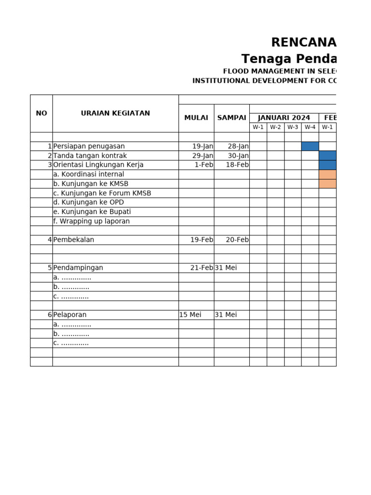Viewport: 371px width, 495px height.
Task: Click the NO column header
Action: (x=42, y=113)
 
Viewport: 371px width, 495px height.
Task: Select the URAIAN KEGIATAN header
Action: (x=115, y=113)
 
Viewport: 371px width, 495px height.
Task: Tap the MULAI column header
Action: (x=196, y=118)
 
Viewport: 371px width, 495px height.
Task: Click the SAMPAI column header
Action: (x=232, y=118)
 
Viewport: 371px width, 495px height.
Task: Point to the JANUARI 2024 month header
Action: (x=284, y=118)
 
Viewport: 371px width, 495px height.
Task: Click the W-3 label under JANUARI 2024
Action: (x=293, y=127)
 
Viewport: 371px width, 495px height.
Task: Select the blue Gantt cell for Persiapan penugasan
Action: (x=310, y=146)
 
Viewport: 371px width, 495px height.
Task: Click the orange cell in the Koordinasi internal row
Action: (x=328, y=174)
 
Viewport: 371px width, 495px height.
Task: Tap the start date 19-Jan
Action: (x=202, y=146)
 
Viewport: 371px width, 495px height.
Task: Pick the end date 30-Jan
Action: (x=238, y=156)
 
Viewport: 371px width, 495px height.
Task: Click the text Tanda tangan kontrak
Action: (x=90, y=156)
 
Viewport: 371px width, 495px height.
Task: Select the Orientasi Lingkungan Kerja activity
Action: (x=98, y=165)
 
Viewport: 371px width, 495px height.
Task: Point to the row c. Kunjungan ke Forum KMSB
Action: (x=102, y=193)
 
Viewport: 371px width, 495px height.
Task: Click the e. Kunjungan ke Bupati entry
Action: (x=92, y=212)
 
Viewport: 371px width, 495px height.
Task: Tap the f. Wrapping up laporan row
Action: (x=91, y=221)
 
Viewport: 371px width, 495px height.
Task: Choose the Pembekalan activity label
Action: (x=73, y=240)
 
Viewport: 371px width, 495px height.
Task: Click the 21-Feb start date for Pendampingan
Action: (x=202, y=268)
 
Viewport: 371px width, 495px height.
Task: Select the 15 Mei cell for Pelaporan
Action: (x=190, y=315)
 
